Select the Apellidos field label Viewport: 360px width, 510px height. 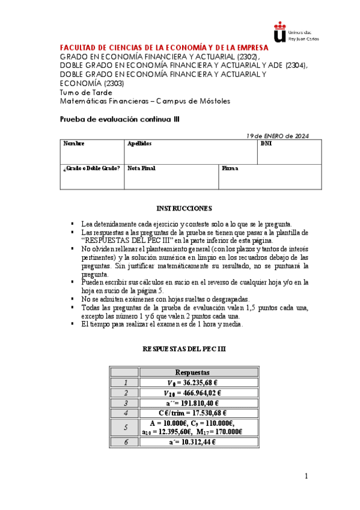click(139, 144)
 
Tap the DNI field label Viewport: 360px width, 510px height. click(266, 144)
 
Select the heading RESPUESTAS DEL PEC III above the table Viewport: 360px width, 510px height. click(184, 349)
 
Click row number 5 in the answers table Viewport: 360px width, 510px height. click(125, 427)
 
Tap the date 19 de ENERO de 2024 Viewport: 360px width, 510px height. click(278, 136)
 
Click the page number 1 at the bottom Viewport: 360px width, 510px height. click(306, 476)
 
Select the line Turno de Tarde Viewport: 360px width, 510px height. click(86, 92)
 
